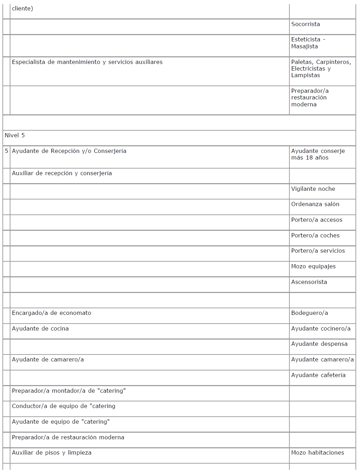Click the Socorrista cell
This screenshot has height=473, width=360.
coord(305,24)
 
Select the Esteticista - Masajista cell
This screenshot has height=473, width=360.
coord(308,43)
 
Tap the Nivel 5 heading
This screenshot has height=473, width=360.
coord(15,136)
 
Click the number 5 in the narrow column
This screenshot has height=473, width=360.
coord(7,151)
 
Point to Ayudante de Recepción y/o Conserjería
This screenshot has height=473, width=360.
coord(69,151)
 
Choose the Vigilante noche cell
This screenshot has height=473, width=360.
coord(313,189)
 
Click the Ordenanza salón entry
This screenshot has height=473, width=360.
coord(315,204)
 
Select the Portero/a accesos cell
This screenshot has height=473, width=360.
coord(317,220)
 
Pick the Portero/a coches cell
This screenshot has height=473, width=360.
coord(315,236)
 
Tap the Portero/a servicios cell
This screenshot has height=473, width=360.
coord(318,251)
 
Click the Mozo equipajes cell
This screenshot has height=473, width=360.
coord(313,267)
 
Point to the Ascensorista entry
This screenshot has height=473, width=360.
coord(309,282)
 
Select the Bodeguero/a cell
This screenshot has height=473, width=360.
coord(309,313)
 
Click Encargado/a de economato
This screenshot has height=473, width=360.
coord(51,313)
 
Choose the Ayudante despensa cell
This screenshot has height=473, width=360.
coord(319,344)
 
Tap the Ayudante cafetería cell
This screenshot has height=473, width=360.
coord(318,375)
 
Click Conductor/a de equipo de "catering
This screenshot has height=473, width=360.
coord(64,406)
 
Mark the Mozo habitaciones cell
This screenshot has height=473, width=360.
coord(318,453)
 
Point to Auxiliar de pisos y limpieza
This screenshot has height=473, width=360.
coord(51,453)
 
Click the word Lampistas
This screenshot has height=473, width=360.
coord(305,75)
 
